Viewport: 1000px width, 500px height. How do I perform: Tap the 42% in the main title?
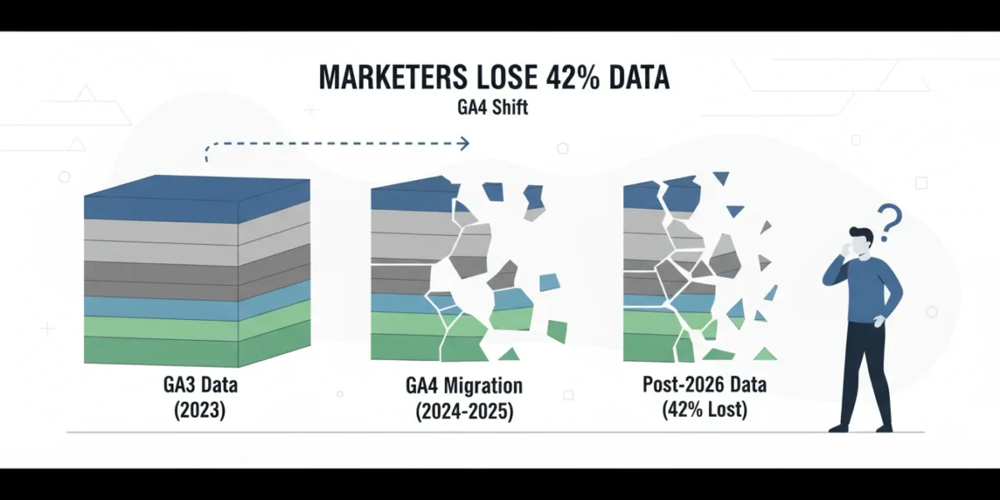pos(572,77)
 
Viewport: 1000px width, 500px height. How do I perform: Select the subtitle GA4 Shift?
pos(492,107)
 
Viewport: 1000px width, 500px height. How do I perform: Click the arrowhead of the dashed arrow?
pos(465,143)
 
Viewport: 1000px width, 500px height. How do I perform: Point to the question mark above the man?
pos(889,222)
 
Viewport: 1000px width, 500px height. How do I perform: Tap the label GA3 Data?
pos(201,385)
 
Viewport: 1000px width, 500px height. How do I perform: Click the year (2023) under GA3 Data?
pos(199,410)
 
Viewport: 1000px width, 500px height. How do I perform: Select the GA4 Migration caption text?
pos(464,386)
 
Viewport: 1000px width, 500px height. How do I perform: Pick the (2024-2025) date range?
pos(464,411)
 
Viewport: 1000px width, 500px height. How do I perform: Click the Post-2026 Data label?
pos(704,384)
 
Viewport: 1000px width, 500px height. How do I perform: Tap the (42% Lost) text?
pos(704,409)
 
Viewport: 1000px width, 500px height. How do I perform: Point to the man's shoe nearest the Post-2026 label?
pos(839,427)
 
